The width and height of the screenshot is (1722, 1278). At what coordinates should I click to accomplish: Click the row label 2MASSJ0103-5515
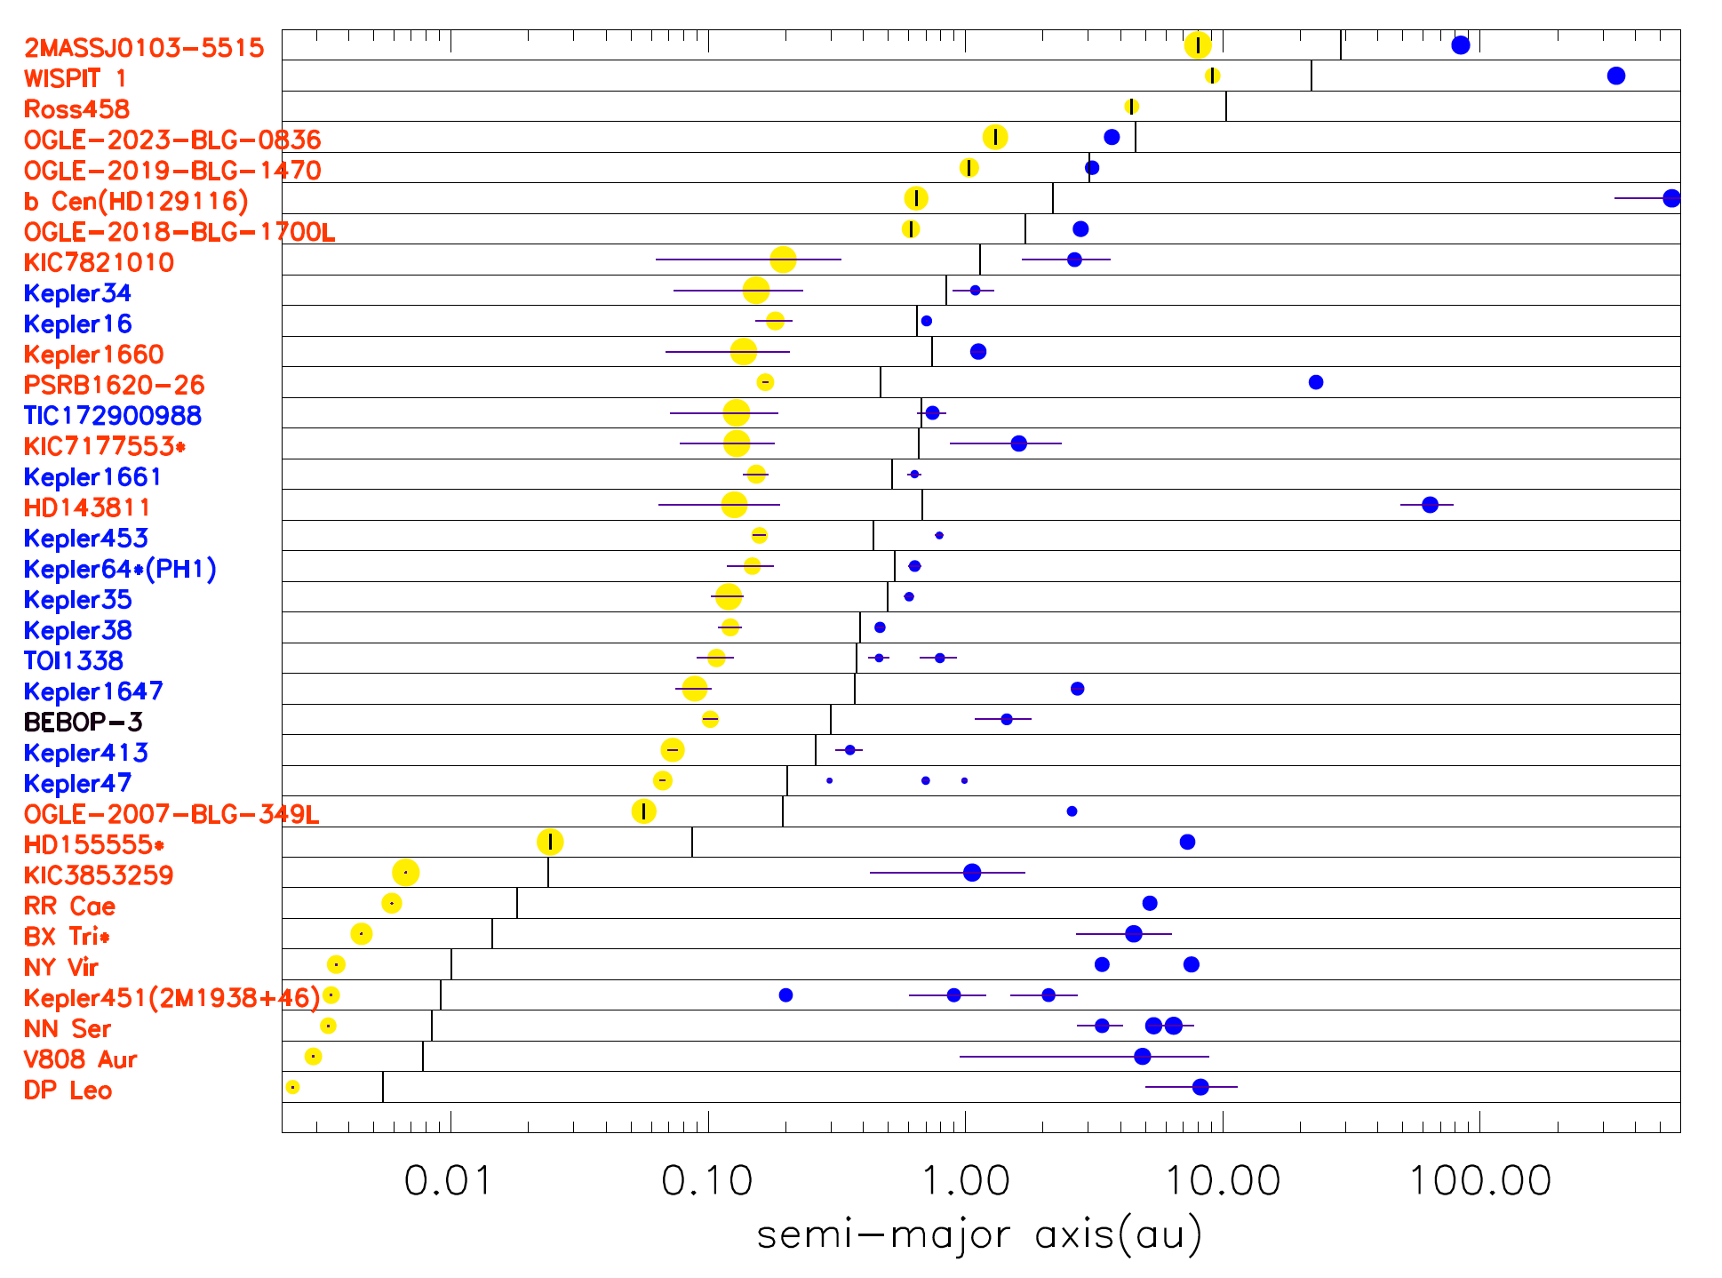[x=144, y=48]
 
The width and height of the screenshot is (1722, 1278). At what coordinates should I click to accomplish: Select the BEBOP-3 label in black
[x=83, y=723]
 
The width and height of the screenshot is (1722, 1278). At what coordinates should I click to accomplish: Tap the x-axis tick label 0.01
[x=448, y=1181]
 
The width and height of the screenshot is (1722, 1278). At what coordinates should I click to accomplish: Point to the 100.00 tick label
[x=1480, y=1181]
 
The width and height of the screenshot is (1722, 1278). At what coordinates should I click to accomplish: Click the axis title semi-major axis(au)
[x=980, y=1234]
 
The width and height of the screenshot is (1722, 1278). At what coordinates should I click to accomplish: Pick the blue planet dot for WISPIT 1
[x=1616, y=76]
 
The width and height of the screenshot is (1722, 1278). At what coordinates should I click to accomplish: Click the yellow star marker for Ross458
[x=1131, y=107]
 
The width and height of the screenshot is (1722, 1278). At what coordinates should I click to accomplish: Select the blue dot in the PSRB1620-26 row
[x=1316, y=382]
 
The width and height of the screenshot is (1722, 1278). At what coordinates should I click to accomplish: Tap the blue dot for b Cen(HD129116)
[x=1671, y=198]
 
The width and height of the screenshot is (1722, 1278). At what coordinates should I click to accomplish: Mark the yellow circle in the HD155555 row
[x=551, y=842]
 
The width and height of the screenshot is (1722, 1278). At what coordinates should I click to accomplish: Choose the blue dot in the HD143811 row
[x=1430, y=505]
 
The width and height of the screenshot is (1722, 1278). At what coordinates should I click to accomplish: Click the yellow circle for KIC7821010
[x=783, y=260]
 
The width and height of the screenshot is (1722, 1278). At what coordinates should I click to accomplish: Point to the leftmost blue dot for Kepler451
[x=785, y=994]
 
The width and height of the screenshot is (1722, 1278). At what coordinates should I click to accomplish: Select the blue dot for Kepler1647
[x=1077, y=689]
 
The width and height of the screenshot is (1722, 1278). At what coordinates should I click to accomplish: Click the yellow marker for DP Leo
[x=292, y=1087]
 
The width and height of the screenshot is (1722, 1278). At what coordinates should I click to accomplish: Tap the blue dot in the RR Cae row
[x=1150, y=903]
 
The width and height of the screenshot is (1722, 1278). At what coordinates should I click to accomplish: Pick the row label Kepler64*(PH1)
[x=120, y=570]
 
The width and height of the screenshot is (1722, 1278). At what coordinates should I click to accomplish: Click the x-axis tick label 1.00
[x=966, y=1181]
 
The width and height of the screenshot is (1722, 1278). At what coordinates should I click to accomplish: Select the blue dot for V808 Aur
[x=1143, y=1056]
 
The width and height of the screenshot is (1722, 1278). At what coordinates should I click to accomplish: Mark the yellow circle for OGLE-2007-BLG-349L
[x=643, y=811]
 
